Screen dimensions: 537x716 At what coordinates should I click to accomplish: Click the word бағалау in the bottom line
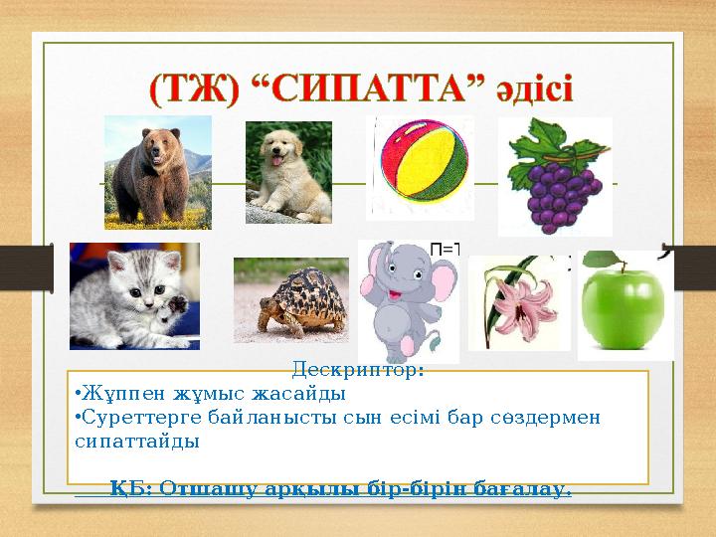[x=531, y=489]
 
